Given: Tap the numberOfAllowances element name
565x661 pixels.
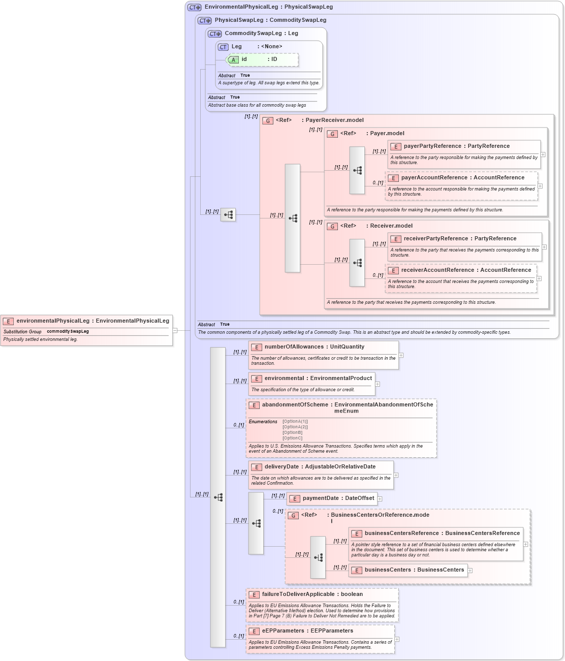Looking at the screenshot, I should pyautogui.click(x=294, y=347).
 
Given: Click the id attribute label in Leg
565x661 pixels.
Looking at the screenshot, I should pyautogui.click(x=244, y=59).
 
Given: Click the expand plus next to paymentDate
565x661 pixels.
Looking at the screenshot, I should pyautogui.click(x=380, y=499).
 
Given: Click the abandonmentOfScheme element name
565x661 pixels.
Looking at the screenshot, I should pyautogui.click(x=295, y=405).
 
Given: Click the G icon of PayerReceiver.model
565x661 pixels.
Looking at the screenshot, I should pyautogui.click(x=268, y=121).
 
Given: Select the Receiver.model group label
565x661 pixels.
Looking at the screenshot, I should pyautogui.click(x=391, y=226).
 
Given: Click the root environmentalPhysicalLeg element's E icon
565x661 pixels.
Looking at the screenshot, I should pyautogui.click(x=8, y=321).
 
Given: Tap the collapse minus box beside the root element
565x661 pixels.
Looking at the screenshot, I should pyautogui.click(x=175, y=330).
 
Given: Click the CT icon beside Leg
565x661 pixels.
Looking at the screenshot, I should pyautogui.click(x=223, y=47).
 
